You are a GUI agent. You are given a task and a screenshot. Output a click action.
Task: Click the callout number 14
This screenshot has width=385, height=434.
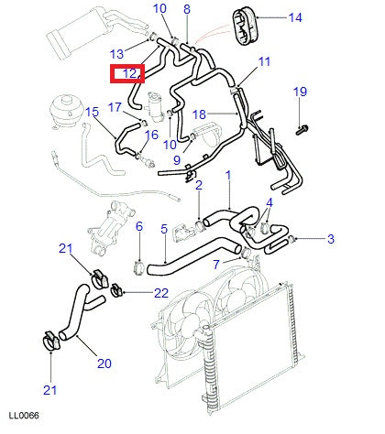click(x=295, y=17)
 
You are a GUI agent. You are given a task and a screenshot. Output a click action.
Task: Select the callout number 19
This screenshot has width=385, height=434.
click(x=300, y=92)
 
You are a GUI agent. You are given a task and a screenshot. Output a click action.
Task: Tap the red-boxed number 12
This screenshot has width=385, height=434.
click(x=129, y=73)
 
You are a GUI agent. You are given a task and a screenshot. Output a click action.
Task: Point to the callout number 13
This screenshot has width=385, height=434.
click(x=116, y=54)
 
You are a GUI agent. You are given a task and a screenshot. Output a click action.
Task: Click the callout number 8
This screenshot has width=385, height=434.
click(x=187, y=9)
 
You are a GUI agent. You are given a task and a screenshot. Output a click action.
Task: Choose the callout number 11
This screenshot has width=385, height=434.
click(x=264, y=61)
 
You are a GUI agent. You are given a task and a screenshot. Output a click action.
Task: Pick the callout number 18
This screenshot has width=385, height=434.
click(x=199, y=114)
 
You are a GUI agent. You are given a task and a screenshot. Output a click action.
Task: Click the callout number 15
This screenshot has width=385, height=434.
click(x=92, y=112)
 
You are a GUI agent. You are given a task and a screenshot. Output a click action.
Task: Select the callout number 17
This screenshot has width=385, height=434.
click(x=115, y=107)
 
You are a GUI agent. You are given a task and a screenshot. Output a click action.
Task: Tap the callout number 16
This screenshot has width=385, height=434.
click(x=151, y=135)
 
